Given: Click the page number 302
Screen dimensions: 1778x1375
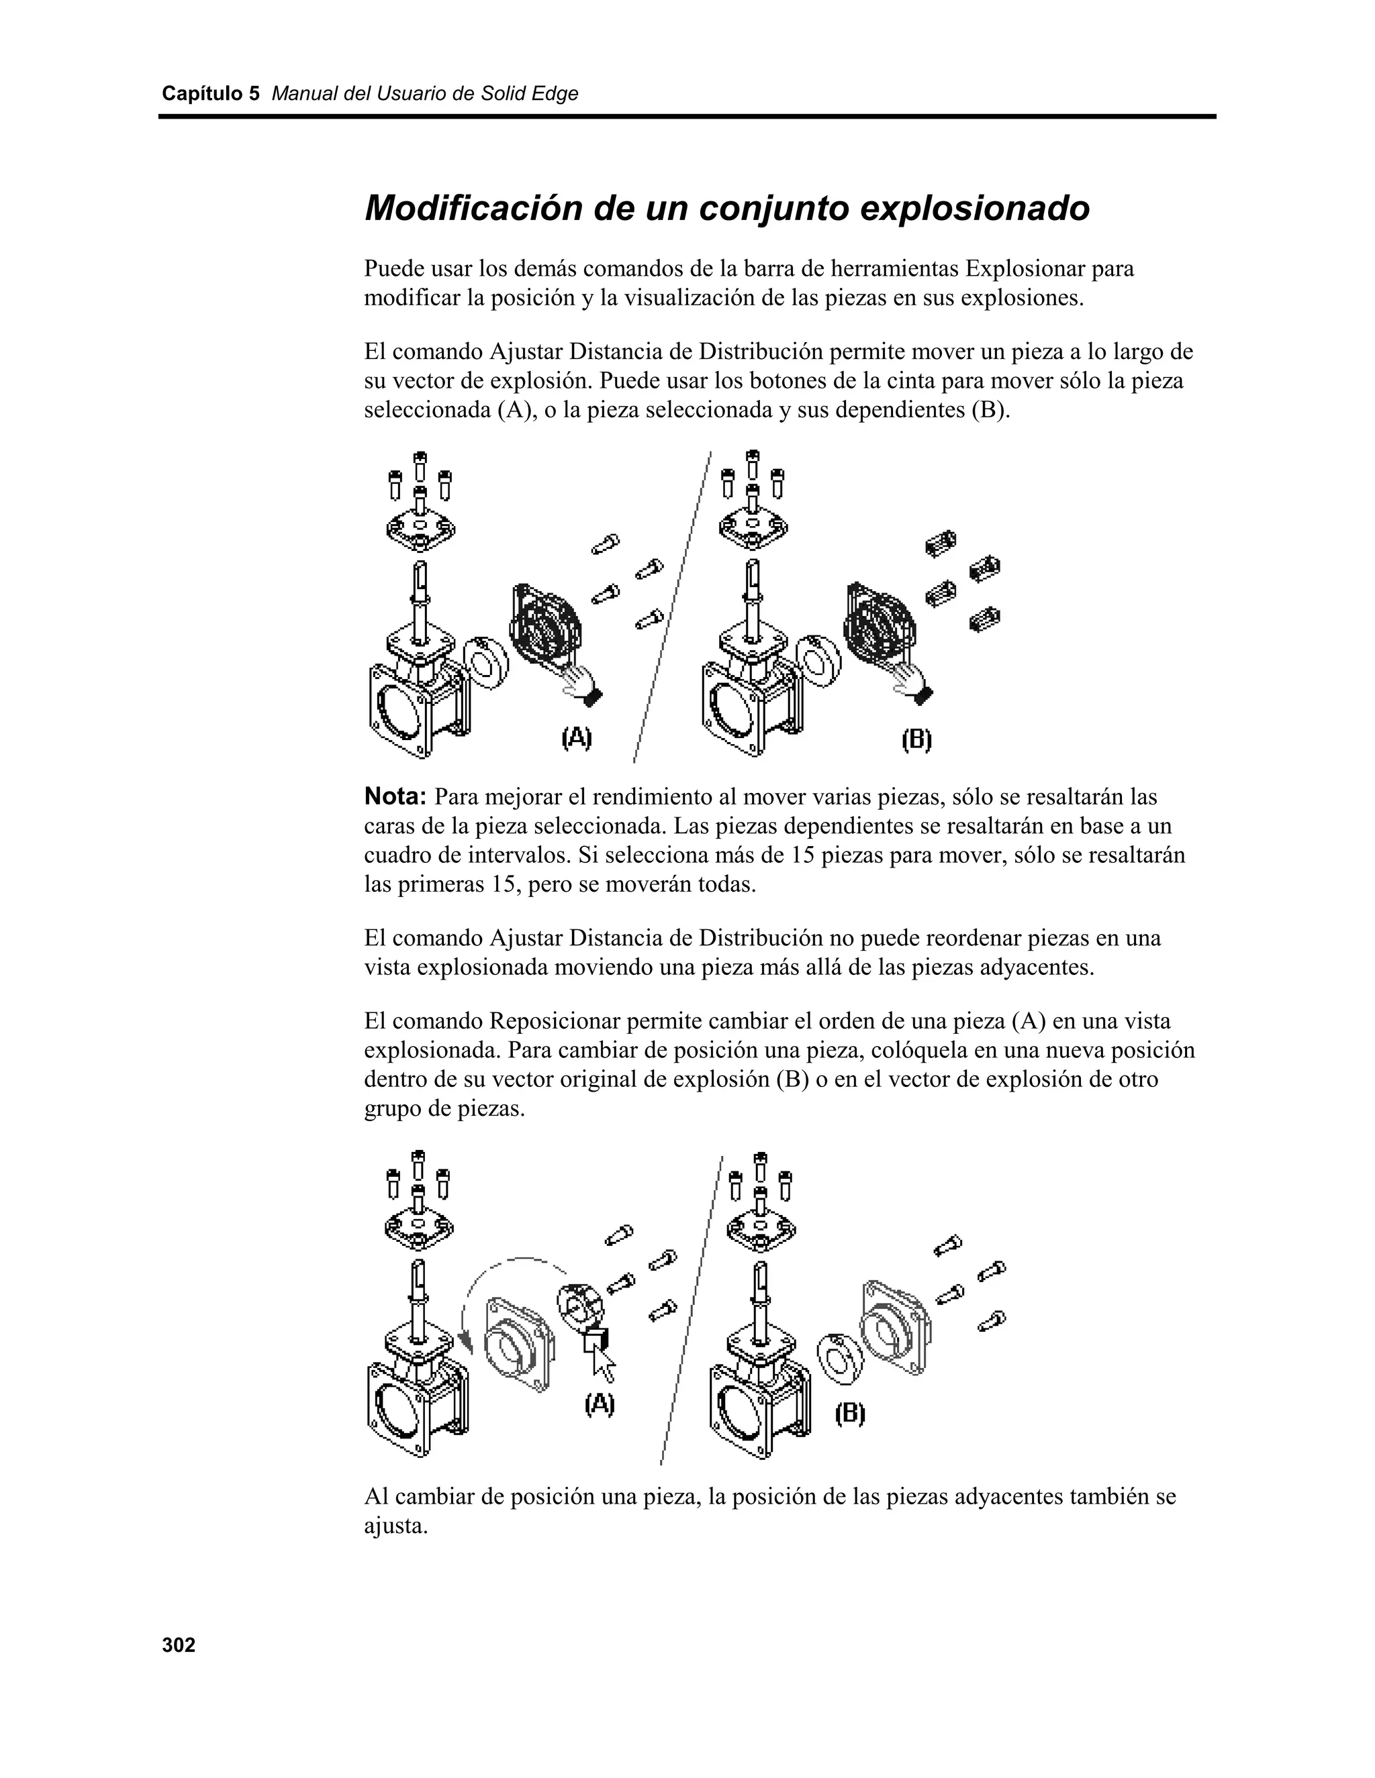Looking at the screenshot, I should point(179,1646).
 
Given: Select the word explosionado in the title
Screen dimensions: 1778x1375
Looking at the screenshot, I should point(974,209).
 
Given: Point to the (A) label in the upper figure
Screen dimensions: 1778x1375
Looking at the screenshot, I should point(577,739).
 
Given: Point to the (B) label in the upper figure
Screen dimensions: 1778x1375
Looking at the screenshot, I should point(916,740).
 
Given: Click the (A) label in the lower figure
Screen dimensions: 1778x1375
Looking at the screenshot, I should point(600,1403).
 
